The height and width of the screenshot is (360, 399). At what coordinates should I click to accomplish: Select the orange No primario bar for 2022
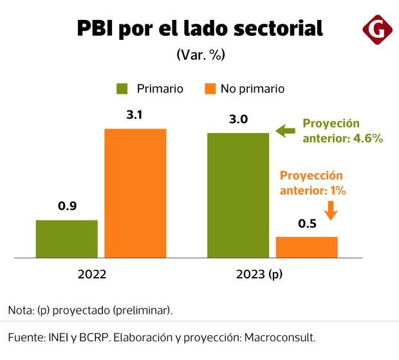coord(135,193)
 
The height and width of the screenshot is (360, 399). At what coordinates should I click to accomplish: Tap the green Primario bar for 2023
coord(237,195)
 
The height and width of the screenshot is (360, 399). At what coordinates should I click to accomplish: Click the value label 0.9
coord(67,207)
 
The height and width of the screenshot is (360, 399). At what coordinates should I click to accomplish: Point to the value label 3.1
coord(135,116)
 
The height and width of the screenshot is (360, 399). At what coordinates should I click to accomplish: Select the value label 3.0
coord(237,120)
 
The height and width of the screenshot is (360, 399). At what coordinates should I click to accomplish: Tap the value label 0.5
coord(306,224)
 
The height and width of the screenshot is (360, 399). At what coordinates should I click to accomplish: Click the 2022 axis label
coord(92,274)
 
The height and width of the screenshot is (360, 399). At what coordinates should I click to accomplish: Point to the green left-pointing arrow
coord(284,131)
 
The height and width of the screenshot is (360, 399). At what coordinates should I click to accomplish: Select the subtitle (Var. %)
coord(199,55)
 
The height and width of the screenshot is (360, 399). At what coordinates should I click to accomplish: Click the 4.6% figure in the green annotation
coord(369,138)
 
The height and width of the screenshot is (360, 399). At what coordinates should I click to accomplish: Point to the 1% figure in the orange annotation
coord(339,190)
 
